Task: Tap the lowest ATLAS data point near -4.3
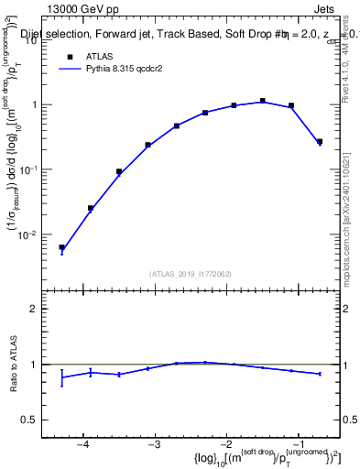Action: (x=61, y=247)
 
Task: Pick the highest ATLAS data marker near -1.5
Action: (x=263, y=101)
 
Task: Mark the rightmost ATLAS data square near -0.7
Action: (x=319, y=141)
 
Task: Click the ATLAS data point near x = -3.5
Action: (x=119, y=171)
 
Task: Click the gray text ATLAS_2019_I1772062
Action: (x=190, y=274)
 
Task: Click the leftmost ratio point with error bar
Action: (x=61, y=376)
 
